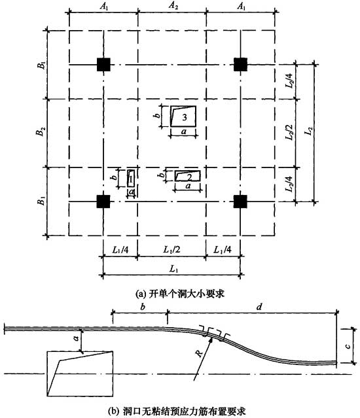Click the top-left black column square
click(103, 65)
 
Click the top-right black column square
click(240, 65)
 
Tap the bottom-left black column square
click(103, 201)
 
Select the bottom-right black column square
click(240, 201)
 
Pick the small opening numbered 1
click(131, 178)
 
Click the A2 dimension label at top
click(173, 6)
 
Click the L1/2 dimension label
click(171, 250)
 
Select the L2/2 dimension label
click(289, 132)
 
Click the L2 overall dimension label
click(309, 131)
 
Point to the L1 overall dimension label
click(173, 268)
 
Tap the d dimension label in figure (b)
click(259, 307)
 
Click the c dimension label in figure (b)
click(348, 346)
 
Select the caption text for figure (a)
click(180, 294)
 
